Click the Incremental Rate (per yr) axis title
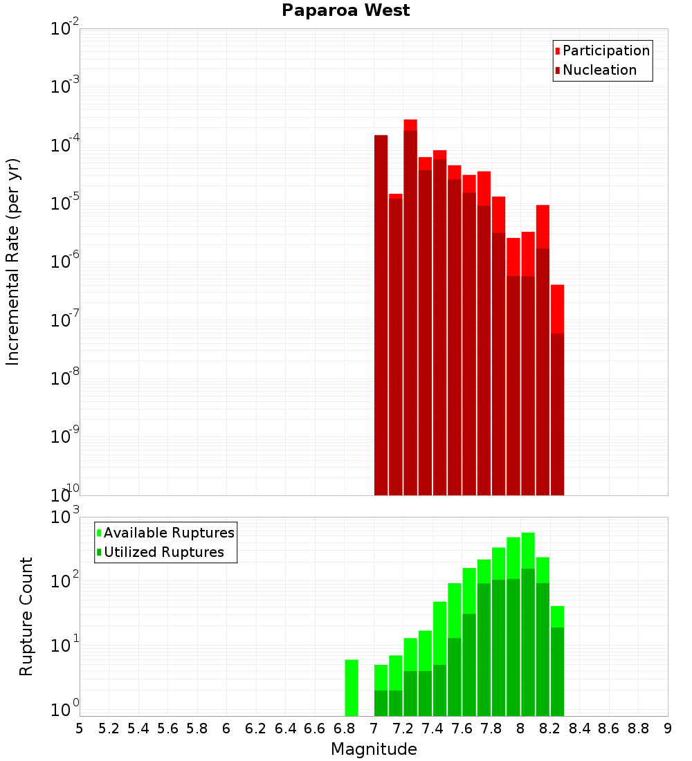[x=13, y=262]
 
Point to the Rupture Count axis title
[x=26, y=616]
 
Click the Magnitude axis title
[x=374, y=749]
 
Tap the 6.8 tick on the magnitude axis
[x=344, y=728]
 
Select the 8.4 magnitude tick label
[x=579, y=728]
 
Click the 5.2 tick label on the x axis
[x=109, y=728]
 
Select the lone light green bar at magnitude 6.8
[x=352, y=688]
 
